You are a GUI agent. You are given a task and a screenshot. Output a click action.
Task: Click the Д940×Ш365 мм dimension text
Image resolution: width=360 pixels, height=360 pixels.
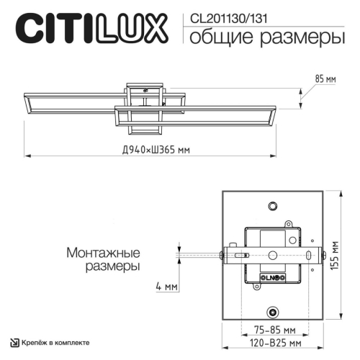click(156, 150)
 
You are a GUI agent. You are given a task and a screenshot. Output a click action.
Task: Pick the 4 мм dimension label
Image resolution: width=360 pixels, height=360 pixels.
click(166, 286)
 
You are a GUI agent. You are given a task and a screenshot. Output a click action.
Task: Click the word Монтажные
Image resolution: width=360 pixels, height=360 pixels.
click(102, 253)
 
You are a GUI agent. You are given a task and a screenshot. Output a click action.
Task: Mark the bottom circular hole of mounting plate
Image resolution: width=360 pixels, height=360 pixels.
click(273, 312)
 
